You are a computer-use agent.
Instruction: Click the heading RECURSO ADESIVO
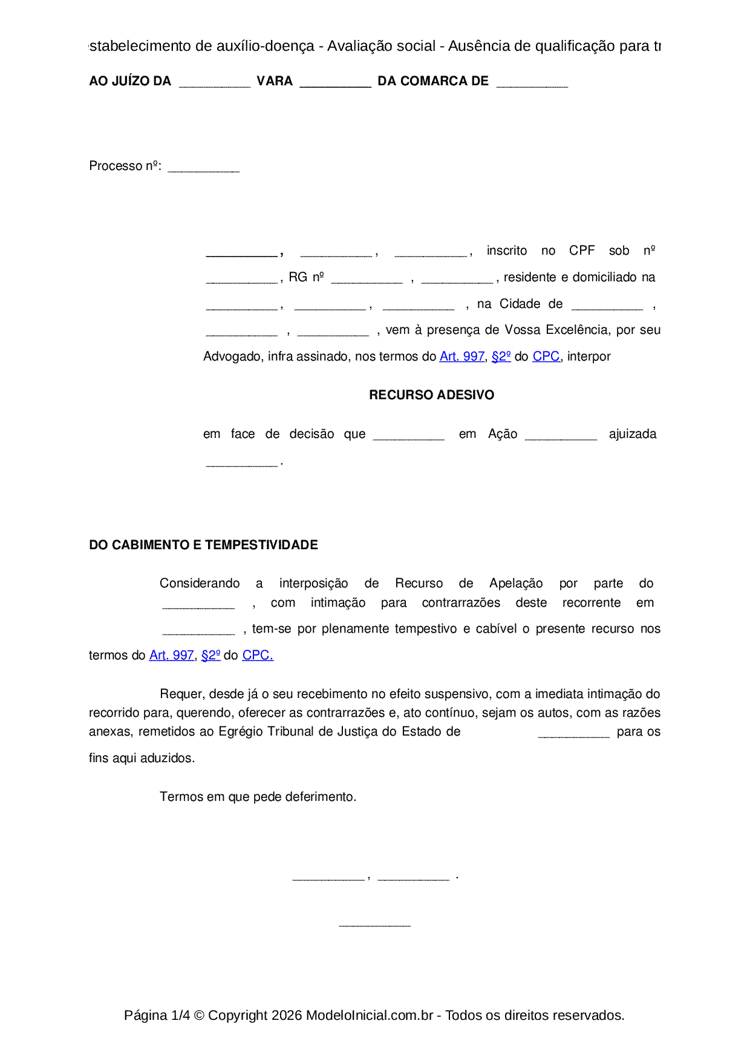coord(431,395)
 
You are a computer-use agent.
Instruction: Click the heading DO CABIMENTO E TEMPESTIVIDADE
coord(203,545)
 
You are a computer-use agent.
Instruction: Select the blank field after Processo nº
coord(203,168)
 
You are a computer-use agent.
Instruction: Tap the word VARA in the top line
coord(275,81)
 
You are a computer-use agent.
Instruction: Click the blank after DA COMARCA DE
coord(532,83)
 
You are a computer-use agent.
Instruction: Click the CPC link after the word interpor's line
coord(546,357)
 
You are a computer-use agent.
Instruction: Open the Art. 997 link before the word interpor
coord(461,357)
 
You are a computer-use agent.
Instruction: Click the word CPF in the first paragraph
coord(582,250)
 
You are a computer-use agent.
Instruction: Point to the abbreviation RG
coord(298,277)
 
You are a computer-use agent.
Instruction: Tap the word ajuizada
coord(632,434)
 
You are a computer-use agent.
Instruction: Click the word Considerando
coord(200,583)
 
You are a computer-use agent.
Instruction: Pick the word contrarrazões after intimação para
coord(461,602)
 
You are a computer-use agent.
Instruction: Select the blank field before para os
coord(573,734)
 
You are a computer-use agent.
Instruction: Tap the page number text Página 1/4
coord(157,1015)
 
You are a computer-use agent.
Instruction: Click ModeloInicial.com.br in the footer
coord(369,1015)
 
